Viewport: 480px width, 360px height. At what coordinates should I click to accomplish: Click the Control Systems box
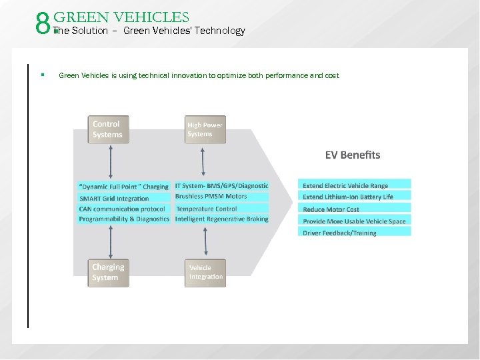pyautogui.click(x=108, y=129)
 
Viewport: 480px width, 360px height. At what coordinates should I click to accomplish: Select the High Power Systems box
pyautogui.click(x=205, y=129)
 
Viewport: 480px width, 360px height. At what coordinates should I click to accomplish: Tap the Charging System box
pyautogui.click(x=108, y=273)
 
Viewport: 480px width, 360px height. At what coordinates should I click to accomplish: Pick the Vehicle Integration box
pyautogui.click(x=205, y=273)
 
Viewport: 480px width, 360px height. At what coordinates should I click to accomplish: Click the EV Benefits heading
pyautogui.click(x=353, y=155)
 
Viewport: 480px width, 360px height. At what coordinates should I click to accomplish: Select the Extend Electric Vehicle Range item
pyautogui.click(x=355, y=185)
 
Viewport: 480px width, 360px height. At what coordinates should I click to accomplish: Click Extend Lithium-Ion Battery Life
pyautogui.click(x=355, y=197)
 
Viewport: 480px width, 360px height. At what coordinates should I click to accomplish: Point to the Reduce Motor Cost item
pyautogui.click(x=355, y=209)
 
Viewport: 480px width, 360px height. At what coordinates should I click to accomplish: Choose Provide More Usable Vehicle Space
pyautogui.click(x=355, y=221)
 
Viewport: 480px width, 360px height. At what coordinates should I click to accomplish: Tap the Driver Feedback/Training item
pyautogui.click(x=355, y=233)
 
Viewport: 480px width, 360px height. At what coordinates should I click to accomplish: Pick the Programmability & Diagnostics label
pyautogui.click(x=123, y=219)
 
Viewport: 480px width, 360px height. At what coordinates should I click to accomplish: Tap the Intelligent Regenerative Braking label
pyautogui.click(x=221, y=219)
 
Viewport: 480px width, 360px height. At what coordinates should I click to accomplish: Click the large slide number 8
pyautogui.click(x=44, y=25)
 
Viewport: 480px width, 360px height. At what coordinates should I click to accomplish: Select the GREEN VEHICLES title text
pyautogui.click(x=121, y=17)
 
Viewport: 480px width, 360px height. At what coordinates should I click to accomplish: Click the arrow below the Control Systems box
pyautogui.click(x=110, y=161)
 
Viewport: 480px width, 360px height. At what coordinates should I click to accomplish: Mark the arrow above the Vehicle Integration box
pyautogui.click(x=206, y=242)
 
